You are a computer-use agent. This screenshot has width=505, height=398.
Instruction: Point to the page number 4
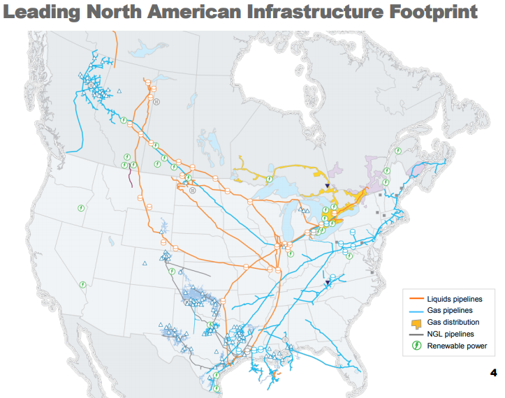click(493, 371)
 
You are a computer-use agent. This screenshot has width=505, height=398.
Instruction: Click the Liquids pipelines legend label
click(455, 299)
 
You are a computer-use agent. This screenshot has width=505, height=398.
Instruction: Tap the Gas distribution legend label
click(453, 322)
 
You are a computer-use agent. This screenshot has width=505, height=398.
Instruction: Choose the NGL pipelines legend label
click(451, 334)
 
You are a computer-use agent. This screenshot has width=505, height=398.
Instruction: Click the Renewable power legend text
click(457, 346)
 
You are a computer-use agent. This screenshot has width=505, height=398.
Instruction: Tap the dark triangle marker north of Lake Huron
click(327, 186)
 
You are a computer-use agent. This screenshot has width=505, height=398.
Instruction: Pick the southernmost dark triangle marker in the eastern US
click(328, 283)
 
